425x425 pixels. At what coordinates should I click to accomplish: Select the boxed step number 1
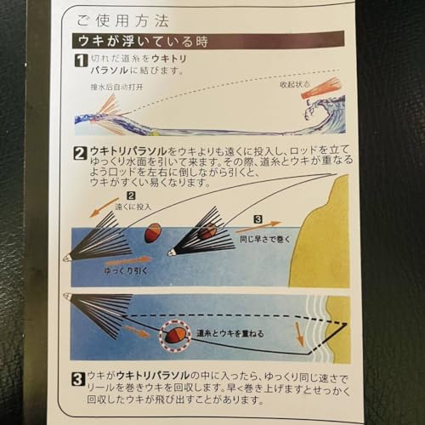tap(80, 62)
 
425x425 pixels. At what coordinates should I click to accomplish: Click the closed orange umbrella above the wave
tap(321, 88)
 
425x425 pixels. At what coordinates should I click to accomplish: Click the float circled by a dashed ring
tap(175, 334)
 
